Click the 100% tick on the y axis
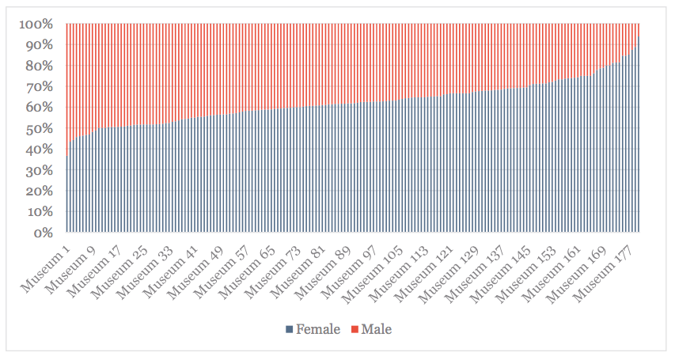[36, 24]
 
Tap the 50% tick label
[40, 128]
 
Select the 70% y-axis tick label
[40, 86]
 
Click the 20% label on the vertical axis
[40, 191]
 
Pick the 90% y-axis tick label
[40, 45]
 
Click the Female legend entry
[317, 329]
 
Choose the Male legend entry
[376, 329]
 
